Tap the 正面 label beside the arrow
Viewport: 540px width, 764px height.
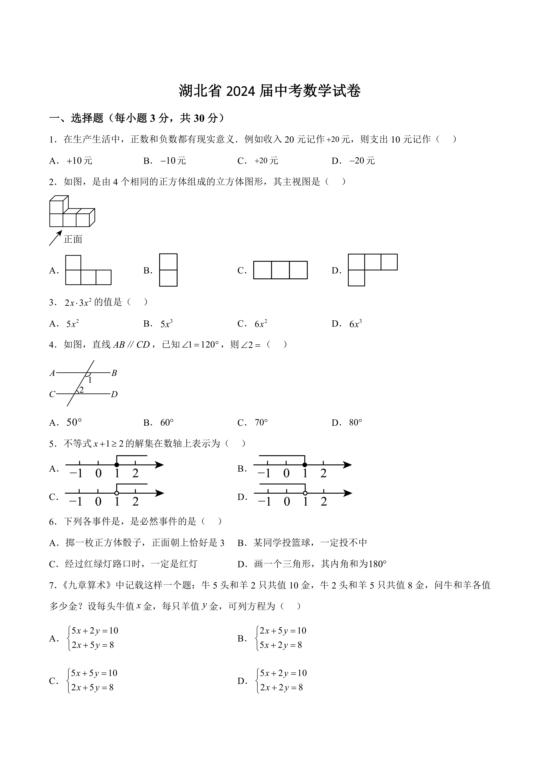pyautogui.click(x=73, y=239)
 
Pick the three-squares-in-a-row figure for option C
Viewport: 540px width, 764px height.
pyautogui.click(x=280, y=270)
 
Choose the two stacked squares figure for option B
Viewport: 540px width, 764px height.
pyautogui.click(x=168, y=270)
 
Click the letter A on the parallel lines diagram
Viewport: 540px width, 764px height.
pyautogui.click(x=52, y=373)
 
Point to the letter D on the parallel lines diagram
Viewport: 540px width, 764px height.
pyautogui.click(x=114, y=394)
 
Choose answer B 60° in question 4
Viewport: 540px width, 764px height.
pyautogui.click(x=167, y=423)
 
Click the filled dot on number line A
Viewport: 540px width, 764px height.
pyautogui.click(x=117, y=465)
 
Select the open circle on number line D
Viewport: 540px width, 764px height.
pyautogui.click(x=305, y=493)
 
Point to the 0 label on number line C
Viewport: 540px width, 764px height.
pyautogui.click(x=98, y=501)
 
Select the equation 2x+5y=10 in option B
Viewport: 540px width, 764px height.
pyautogui.click(x=283, y=631)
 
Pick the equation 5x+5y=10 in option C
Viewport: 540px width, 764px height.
pyautogui.click(x=94, y=673)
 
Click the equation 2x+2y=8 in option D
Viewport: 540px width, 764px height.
pyautogui.click(x=281, y=687)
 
